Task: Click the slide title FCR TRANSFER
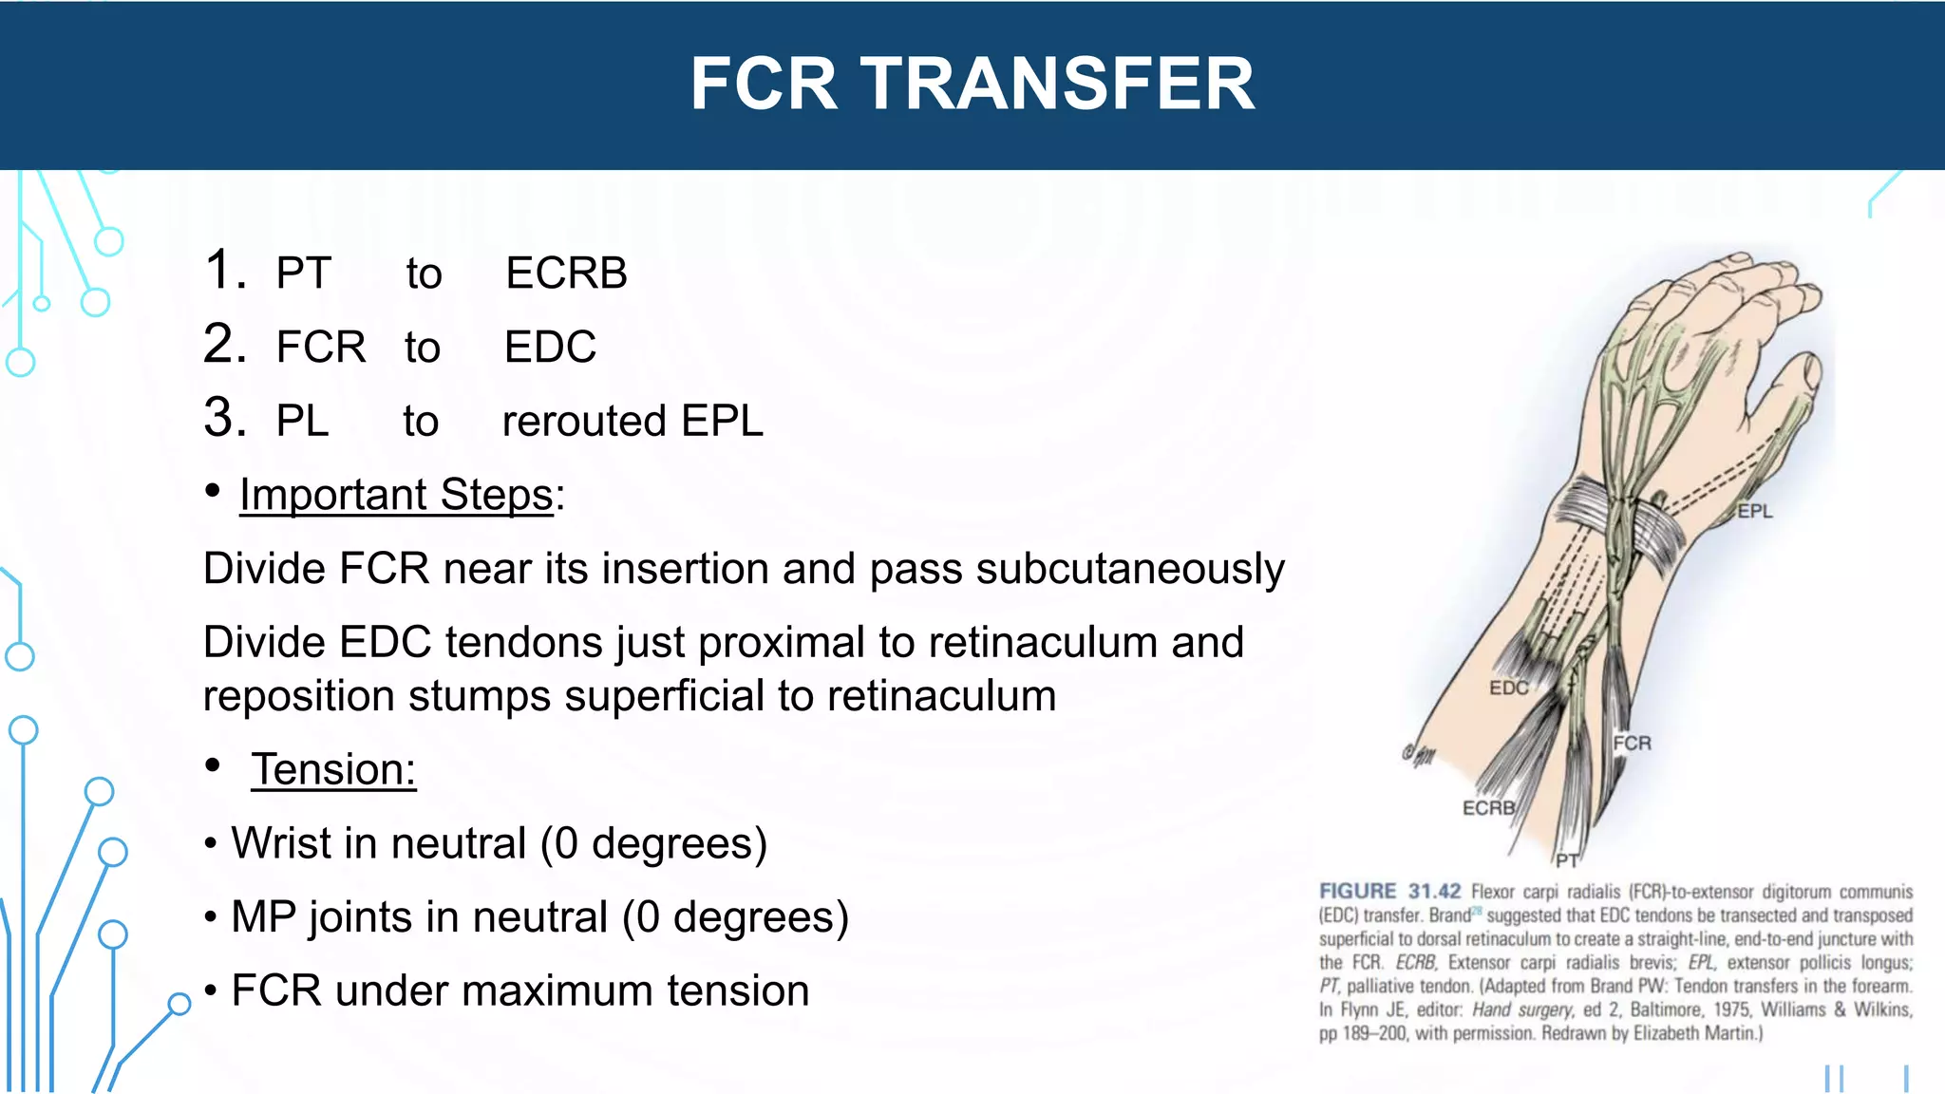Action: point(972,84)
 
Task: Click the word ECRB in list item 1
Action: point(566,273)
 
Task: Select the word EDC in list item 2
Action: point(550,348)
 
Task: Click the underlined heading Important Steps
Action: point(396,495)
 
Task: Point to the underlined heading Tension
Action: point(333,769)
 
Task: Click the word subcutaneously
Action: point(1130,569)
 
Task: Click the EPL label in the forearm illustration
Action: point(1754,512)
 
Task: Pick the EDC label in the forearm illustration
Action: point(1508,688)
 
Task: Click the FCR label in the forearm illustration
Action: point(1632,744)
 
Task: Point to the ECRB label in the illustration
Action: point(1488,808)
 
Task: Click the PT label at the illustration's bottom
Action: point(1567,860)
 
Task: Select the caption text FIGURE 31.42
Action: point(1389,892)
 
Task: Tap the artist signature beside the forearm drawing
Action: point(1420,756)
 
